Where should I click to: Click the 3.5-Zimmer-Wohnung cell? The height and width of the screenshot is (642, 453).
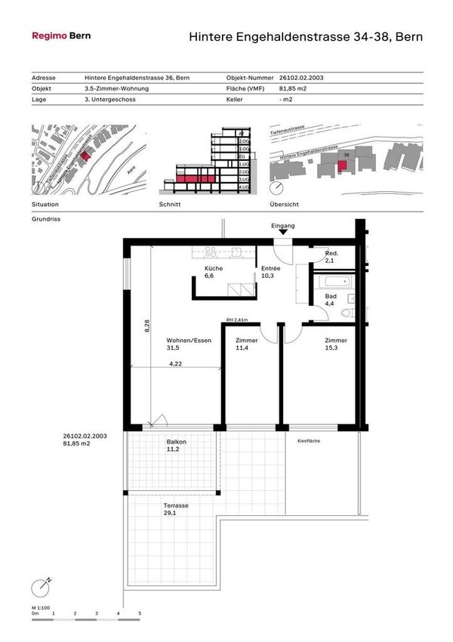click(117, 88)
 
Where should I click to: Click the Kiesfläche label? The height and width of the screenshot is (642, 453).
click(308, 440)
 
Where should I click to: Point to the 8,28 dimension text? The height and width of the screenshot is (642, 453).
click(147, 325)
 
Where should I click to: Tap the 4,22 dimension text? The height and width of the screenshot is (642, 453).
click(175, 364)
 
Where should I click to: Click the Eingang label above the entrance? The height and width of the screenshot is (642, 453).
click(283, 226)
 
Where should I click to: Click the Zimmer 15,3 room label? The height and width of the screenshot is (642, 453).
click(337, 344)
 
